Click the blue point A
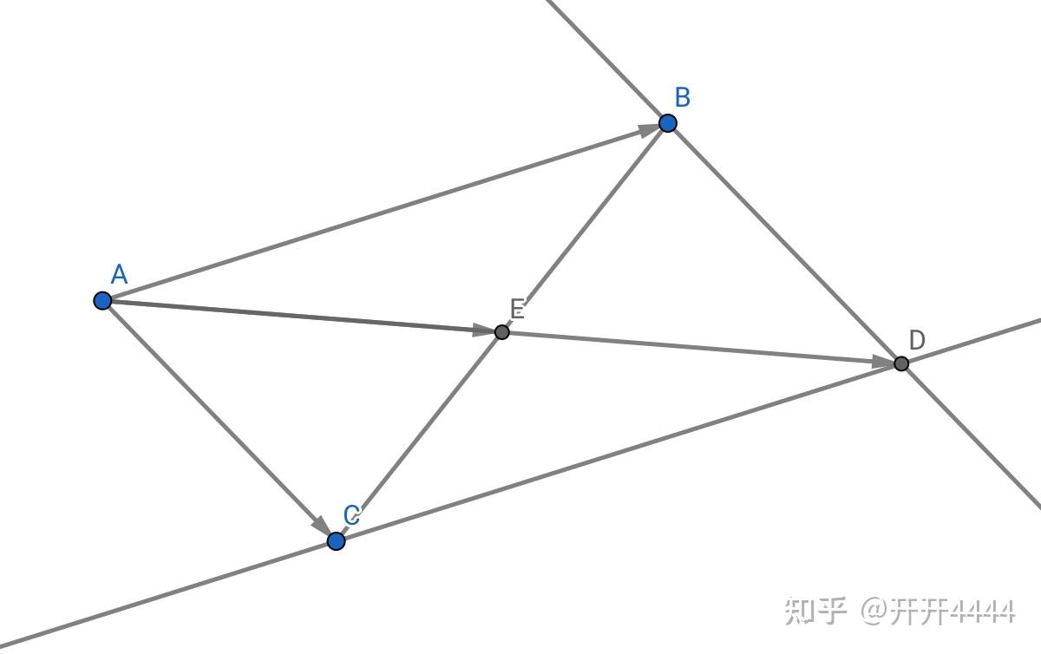tap(102, 301)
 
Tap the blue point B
tap(667, 123)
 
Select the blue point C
tap(337, 541)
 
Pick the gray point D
tap(901, 363)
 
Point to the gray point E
tap(501, 331)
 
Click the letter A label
tap(120, 276)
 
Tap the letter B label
tap(683, 98)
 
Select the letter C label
tap(351, 515)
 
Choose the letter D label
tap(917, 340)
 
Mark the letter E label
tap(518, 308)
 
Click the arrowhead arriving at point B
tap(647, 130)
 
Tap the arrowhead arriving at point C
tap(322, 526)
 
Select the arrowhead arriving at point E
tap(482, 330)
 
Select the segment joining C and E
tap(419, 436)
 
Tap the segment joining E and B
tap(584, 227)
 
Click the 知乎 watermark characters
tap(815, 611)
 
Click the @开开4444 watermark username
tap(938, 611)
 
